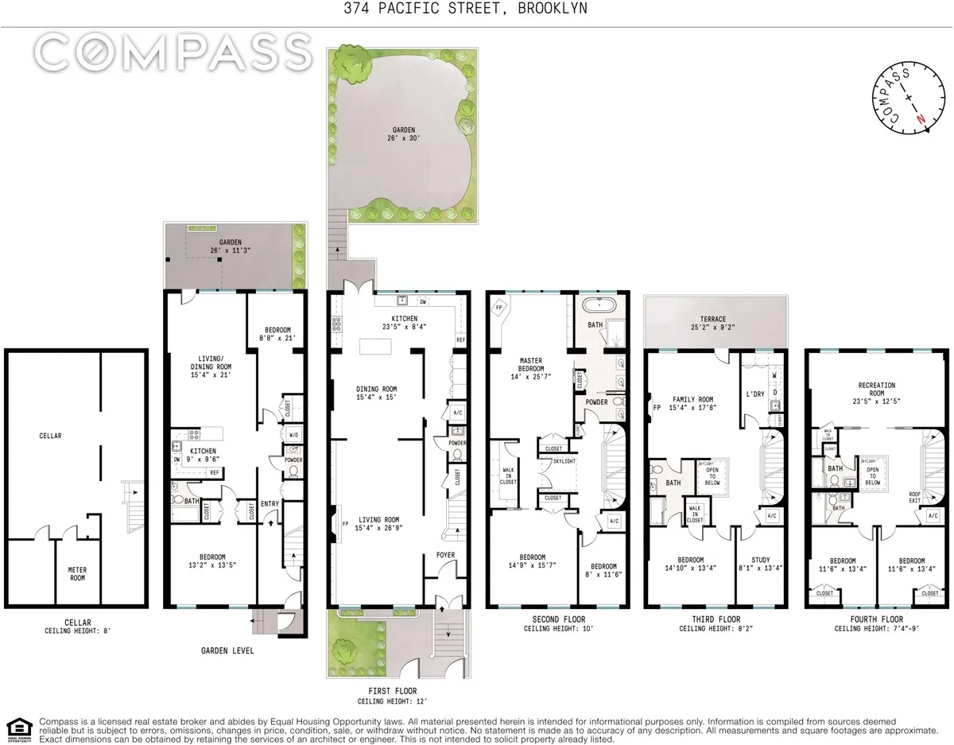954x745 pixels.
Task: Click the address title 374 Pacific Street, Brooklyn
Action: tap(476, 9)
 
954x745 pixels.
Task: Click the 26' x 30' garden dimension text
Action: tap(403, 141)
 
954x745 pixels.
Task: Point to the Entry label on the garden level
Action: tap(269, 503)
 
